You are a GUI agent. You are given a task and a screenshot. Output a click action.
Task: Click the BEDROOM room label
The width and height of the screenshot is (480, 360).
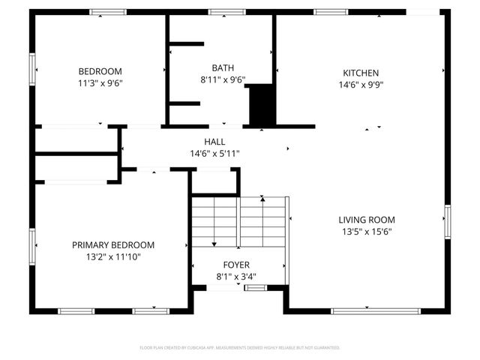pyautogui.click(x=100, y=72)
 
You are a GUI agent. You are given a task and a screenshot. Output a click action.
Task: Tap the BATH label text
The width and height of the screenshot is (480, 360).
pyautogui.click(x=223, y=67)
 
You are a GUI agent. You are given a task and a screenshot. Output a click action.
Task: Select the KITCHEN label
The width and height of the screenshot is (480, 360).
pyautogui.click(x=361, y=73)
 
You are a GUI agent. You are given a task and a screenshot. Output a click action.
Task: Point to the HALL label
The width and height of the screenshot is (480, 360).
pyautogui.click(x=214, y=142)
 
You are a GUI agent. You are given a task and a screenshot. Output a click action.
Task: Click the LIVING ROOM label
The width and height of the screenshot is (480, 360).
pyautogui.click(x=366, y=220)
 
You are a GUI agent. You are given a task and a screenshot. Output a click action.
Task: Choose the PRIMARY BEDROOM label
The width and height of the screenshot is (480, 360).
pyautogui.click(x=113, y=245)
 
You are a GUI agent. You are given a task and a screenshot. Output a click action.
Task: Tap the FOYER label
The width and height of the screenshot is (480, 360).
pyautogui.click(x=236, y=265)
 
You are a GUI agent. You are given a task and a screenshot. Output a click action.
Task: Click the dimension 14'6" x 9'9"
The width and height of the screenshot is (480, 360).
pyautogui.click(x=361, y=85)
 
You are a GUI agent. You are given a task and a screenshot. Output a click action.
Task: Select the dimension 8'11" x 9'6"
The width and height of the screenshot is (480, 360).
pyautogui.click(x=223, y=79)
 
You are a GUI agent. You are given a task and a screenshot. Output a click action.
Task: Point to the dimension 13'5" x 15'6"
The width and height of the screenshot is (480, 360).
pyautogui.click(x=366, y=232)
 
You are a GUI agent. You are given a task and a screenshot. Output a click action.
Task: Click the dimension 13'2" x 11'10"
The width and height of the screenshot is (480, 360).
pyautogui.click(x=113, y=257)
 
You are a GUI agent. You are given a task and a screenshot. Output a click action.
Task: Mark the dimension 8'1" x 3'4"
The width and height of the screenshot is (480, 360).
pyautogui.click(x=236, y=277)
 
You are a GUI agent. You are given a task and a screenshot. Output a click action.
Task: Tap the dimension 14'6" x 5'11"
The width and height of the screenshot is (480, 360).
pyautogui.click(x=214, y=154)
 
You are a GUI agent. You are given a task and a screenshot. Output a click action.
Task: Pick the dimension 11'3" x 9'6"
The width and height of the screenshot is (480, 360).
pyautogui.click(x=100, y=84)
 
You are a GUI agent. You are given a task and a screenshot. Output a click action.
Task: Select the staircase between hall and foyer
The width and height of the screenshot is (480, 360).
pyautogui.click(x=238, y=221)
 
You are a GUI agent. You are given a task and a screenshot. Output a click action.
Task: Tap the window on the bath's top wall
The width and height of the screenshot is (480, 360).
pyautogui.click(x=222, y=12)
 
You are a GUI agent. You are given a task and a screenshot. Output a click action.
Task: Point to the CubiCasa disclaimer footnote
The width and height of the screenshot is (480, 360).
pyautogui.click(x=240, y=348)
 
